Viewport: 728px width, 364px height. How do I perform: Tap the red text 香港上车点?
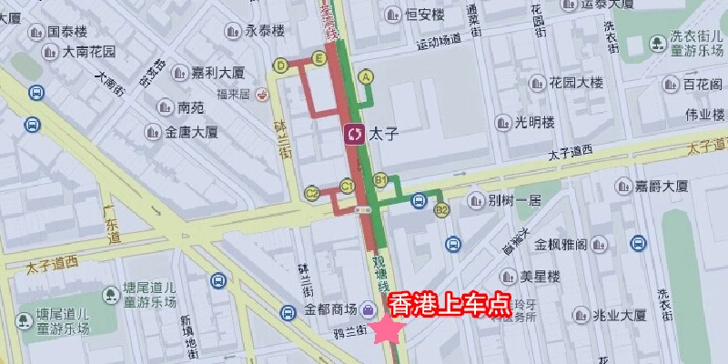pyautogui.click(x=449, y=305)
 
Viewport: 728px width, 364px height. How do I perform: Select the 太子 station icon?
pyautogui.click(x=354, y=134)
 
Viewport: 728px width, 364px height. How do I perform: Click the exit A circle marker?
pyautogui.click(x=367, y=77)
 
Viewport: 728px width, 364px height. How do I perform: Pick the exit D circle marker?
pyautogui.click(x=280, y=65)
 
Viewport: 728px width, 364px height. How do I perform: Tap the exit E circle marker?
pyautogui.click(x=318, y=59)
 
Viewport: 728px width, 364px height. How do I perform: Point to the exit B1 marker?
pyautogui.click(x=380, y=179)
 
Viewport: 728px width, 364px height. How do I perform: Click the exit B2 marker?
pyautogui.click(x=443, y=211)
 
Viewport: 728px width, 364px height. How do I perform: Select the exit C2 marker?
pyautogui.click(x=312, y=193)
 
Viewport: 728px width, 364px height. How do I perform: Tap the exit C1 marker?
pyautogui.click(x=347, y=186)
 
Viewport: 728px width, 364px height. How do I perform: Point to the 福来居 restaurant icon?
pyautogui.click(x=262, y=92)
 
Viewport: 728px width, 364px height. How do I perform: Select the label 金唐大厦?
pyautogui.click(x=192, y=132)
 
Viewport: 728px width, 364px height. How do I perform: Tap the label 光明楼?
pyautogui.click(x=535, y=122)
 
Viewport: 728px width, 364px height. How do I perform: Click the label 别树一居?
pyautogui.click(x=515, y=200)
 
